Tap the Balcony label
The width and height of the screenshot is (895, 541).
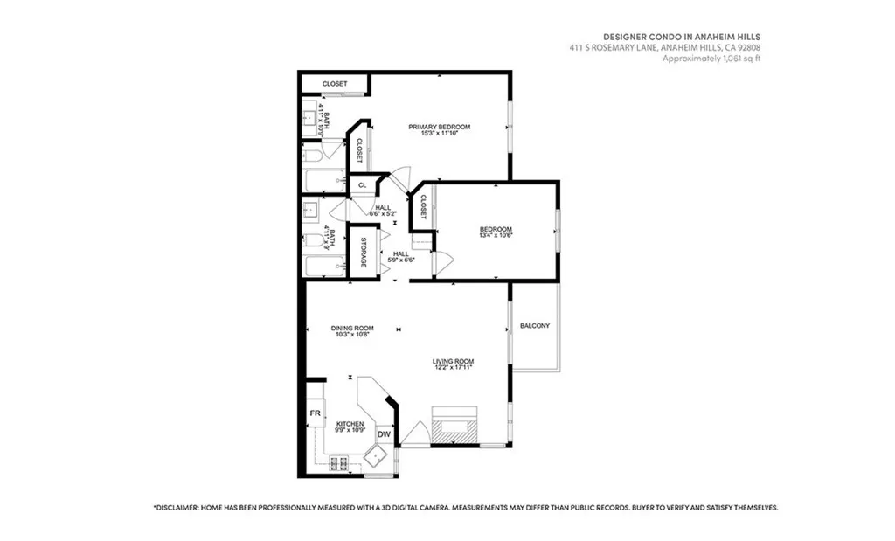pos(534,326)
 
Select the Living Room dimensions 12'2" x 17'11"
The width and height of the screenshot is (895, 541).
pos(453,368)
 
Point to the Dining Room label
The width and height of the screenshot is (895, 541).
pos(351,328)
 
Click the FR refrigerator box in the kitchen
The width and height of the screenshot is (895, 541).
pos(315,413)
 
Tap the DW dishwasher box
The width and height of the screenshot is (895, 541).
pos(384,434)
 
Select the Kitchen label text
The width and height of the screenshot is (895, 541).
pos(350,424)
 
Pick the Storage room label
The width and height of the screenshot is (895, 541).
pos(364,252)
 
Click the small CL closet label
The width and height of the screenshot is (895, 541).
pos(362,185)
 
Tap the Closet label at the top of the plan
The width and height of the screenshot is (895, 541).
pos(334,84)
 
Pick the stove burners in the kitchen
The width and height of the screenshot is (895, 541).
pos(338,464)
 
